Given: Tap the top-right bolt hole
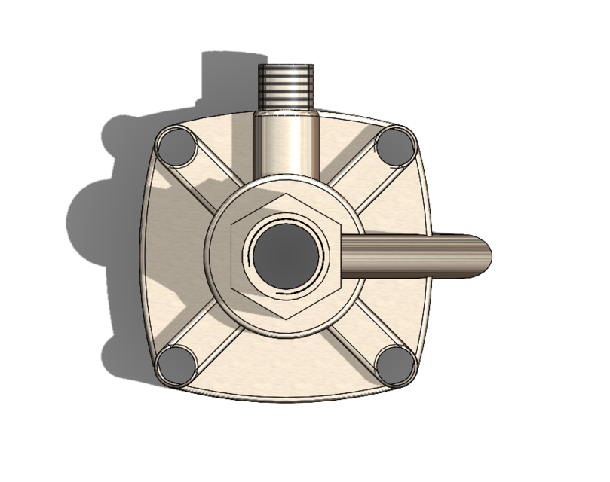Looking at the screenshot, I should pos(396,146).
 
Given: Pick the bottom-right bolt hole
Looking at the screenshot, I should pos(395,365).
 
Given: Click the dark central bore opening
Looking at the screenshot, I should pos(284,256).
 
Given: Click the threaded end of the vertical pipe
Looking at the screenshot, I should pos(285,84).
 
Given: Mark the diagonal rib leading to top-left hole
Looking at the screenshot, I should pos(210,181).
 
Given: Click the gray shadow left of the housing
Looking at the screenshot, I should pos(98,226).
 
